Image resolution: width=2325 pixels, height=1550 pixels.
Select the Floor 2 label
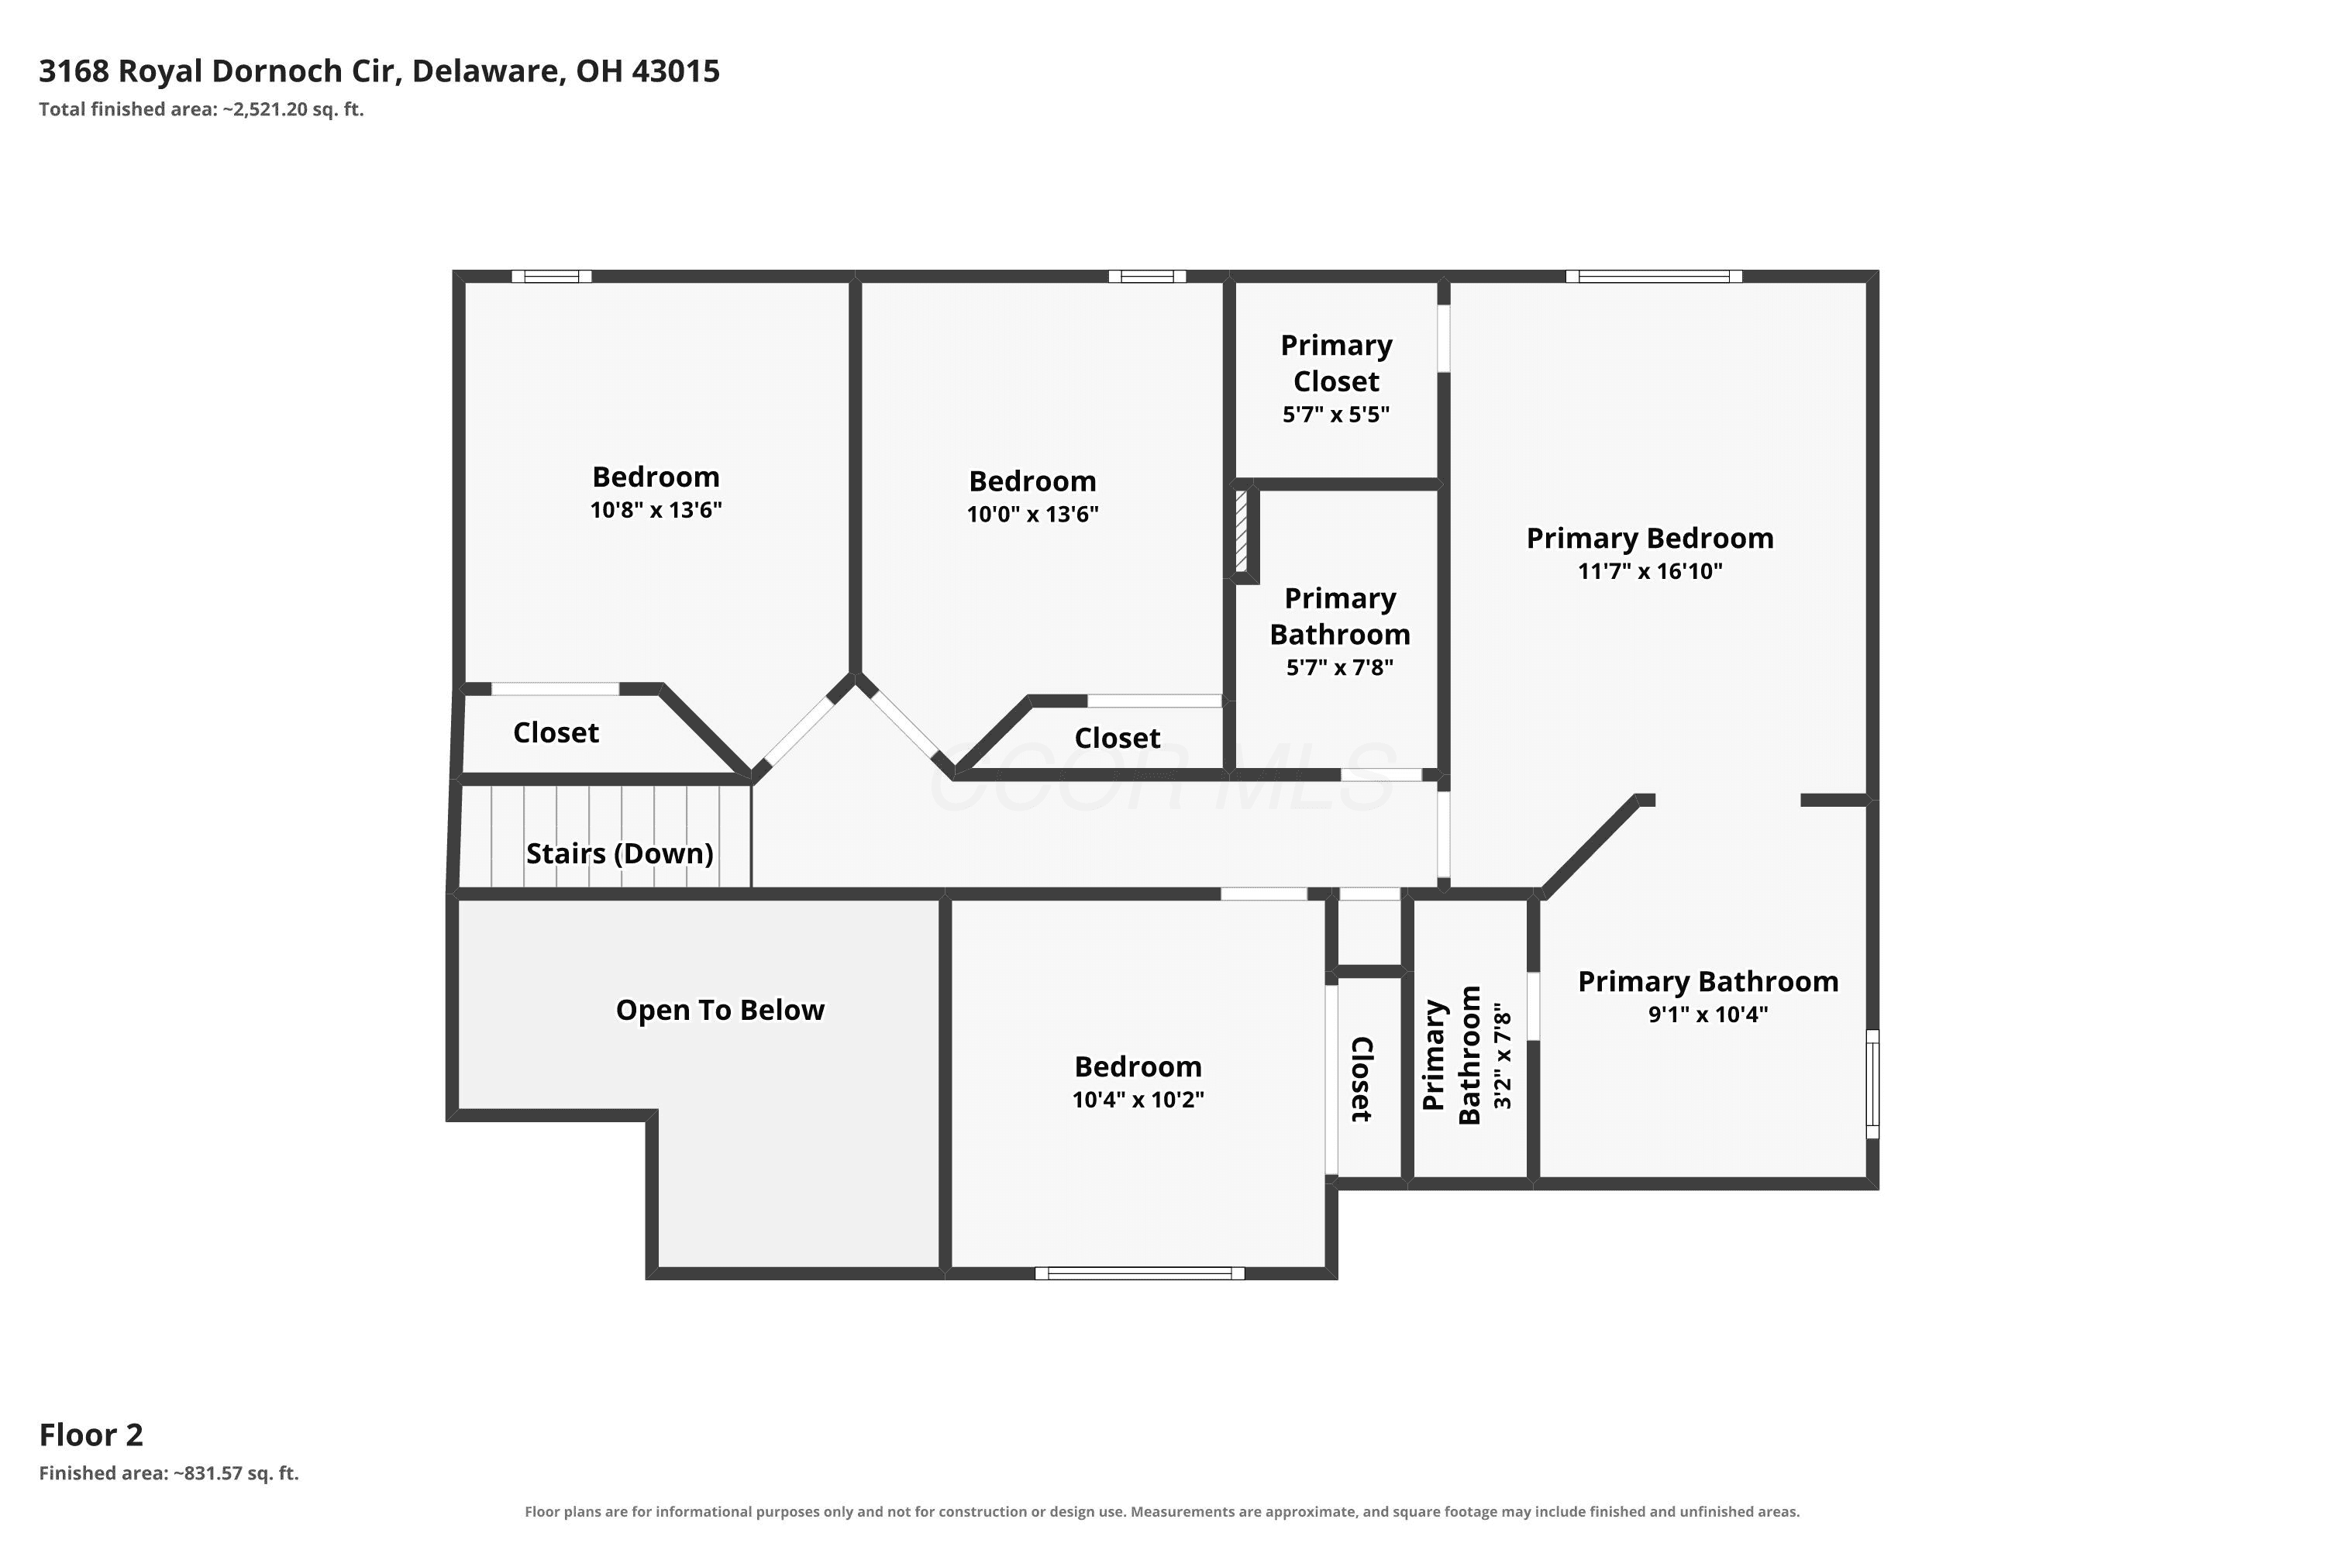91,1435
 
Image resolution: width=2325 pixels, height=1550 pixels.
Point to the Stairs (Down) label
620,853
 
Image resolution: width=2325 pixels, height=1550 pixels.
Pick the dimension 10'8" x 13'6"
656,510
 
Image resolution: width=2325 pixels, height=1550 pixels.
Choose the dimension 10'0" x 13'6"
1033,514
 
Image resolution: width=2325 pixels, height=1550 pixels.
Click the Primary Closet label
1336,363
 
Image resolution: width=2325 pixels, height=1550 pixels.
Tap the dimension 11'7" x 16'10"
1650,570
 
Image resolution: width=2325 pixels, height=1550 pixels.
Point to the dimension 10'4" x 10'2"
1138,1099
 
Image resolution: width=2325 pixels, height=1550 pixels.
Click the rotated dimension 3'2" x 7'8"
1503,1056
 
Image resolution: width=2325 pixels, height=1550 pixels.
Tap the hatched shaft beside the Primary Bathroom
1242,532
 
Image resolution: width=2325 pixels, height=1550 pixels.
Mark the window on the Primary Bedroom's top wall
1654,277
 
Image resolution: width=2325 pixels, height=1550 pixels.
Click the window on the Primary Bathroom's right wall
1872,1084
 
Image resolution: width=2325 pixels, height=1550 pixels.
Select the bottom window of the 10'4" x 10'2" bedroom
1140,1273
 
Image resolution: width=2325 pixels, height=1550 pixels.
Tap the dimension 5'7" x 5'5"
1336,414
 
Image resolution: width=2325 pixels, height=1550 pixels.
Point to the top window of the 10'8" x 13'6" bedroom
552,277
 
